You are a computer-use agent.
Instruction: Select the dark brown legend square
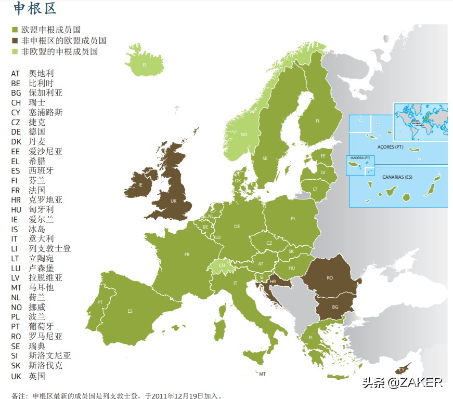tap(15, 41)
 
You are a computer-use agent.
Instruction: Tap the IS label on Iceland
tap(145, 65)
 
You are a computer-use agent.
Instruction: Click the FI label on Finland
tap(317, 121)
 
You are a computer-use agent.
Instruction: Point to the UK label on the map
tap(174, 201)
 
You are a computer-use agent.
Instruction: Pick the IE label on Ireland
tap(140, 184)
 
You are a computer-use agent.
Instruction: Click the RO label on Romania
tap(330, 278)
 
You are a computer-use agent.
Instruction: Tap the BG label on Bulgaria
tap(335, 307)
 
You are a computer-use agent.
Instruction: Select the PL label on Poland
tap(293, 219)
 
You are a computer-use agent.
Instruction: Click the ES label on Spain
tap(130, 311)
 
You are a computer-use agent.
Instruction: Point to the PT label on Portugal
tap(100, 302)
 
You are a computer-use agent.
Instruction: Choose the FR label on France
tap(186, 255)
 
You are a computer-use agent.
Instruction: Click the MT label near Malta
tap(263, 374)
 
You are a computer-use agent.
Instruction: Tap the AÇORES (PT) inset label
tap(391, 147)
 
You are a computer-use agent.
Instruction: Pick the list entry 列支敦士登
tap(50, 248)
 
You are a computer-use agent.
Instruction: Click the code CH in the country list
tap(16, 103)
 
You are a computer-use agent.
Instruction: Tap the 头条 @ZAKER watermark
tap(402, 382)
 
